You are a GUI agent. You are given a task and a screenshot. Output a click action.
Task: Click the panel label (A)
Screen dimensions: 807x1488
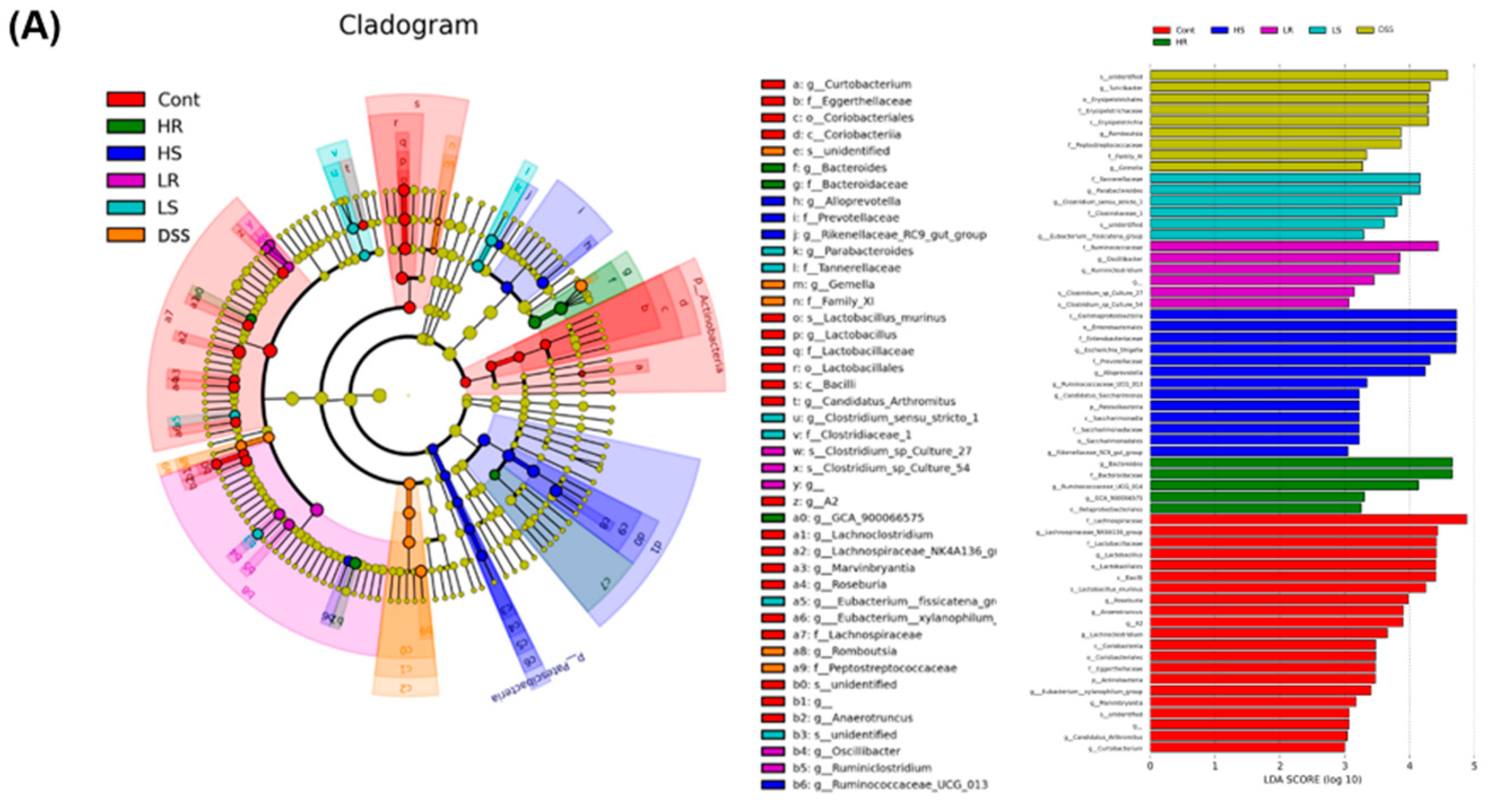pyautogui.click(x=34, y=27)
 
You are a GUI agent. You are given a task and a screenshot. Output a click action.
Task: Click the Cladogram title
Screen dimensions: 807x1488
pyautogui.click(x=408, y=25)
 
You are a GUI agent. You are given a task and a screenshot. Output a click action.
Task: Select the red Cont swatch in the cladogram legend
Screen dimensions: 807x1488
pyautogui.click(x=125, y=99)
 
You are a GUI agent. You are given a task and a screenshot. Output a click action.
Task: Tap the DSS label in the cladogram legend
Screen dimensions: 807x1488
pyautogui.click(x=173, y=236)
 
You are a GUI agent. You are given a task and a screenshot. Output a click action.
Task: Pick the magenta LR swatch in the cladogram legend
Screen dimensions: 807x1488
pyautogui.click(x=125, y=181)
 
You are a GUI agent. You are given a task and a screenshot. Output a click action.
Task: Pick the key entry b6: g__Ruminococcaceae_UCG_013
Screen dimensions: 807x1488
pyautogui.click(x=890, y=784)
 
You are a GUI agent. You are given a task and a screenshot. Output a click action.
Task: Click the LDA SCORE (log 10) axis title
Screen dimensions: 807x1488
pyautogui.click(x=1312, y=780)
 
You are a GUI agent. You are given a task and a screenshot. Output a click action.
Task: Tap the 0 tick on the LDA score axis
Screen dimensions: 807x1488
pyautogui.click(x=1151, y=766)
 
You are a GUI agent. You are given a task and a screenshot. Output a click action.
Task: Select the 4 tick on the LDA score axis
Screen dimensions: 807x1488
pyautogui.click(x=1409, y=766)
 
